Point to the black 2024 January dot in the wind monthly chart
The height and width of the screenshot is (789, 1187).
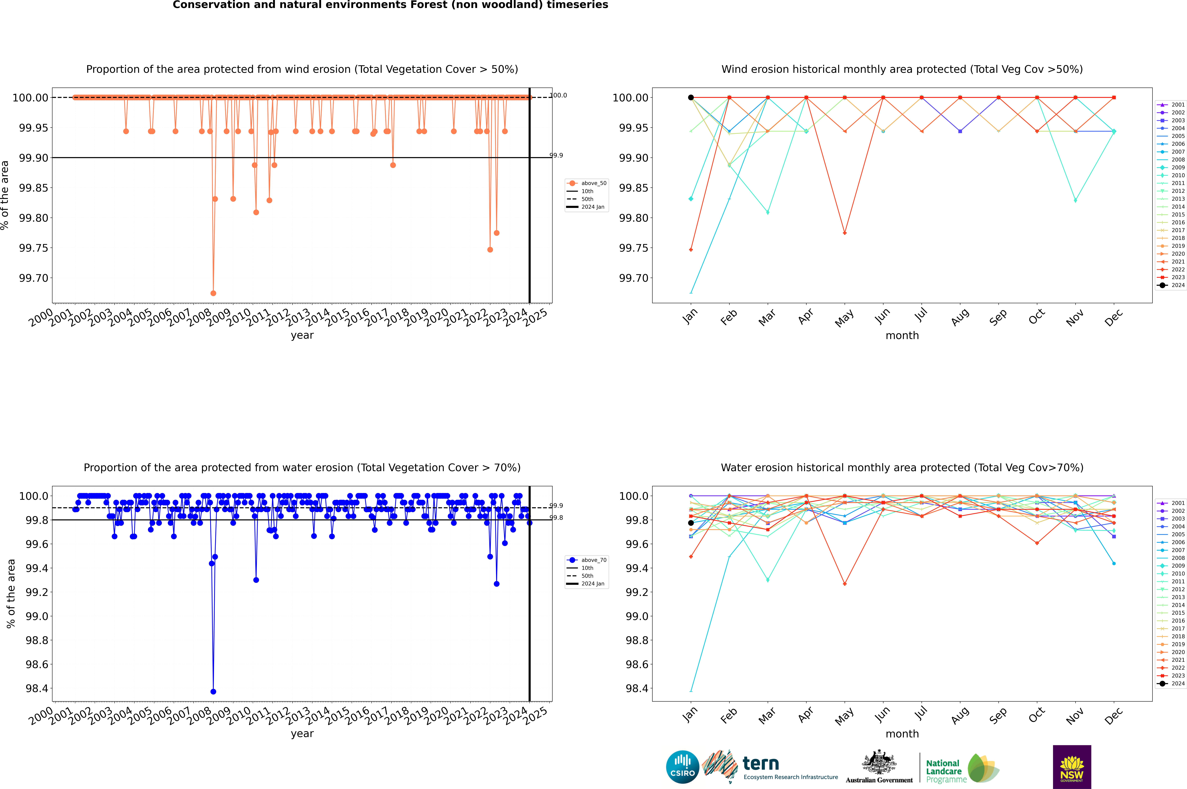[691, 98]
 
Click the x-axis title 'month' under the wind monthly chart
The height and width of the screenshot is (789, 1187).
[902, 336]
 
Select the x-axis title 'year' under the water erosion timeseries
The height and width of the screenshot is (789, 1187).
[302, 734]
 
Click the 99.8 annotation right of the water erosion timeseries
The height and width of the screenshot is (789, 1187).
[556, 518]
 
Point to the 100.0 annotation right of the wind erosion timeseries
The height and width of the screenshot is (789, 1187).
[558, 95]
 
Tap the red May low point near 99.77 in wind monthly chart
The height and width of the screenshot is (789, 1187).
[845, 233]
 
